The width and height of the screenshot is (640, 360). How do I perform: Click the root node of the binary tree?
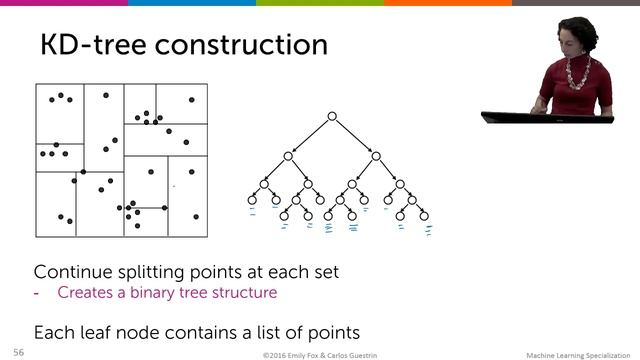(x=331, y=118)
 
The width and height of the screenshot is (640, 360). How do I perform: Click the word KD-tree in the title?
(x=98, y=45)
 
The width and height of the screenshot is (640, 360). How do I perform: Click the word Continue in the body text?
(x=71, y=272)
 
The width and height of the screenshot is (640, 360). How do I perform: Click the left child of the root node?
(x=287, y=155)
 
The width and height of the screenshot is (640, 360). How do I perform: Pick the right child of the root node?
(x=376, y=155)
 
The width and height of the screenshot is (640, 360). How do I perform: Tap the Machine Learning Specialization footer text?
(x=580, y=354)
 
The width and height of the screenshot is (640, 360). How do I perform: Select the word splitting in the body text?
(x=157, y=272)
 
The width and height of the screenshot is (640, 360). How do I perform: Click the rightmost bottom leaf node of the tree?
(x=424, y=215)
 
